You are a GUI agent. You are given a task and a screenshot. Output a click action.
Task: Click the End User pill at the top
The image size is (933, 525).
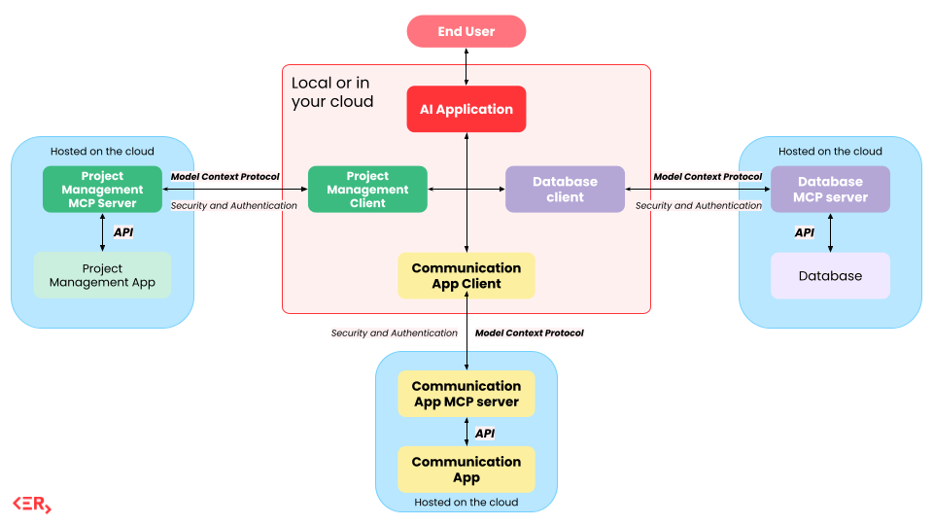point(466,31)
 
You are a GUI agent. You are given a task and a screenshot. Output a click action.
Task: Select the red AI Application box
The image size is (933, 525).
point(466,109)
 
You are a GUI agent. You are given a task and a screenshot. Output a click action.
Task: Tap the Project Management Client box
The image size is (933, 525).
point(367,189)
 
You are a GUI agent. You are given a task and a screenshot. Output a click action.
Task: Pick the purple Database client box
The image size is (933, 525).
point(565,189)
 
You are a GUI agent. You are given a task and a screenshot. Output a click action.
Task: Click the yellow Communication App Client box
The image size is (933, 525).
point(466,275)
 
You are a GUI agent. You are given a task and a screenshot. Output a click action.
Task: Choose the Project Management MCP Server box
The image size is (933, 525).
point(102,189)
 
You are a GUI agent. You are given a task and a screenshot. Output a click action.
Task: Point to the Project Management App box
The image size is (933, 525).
point(102,275)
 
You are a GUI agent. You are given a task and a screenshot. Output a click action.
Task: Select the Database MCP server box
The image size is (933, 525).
point(830,189)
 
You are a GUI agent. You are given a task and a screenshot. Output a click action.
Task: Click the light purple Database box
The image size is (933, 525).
point(830,275)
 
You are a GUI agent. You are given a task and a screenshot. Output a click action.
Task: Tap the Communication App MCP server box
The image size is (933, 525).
point(466,394)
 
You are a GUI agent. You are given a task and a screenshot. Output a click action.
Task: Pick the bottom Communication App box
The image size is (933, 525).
point(466,469)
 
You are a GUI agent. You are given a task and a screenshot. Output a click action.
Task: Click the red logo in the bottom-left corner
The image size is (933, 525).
point(32,504)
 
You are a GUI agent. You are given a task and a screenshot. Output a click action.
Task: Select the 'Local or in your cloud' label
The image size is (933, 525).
point(332,91)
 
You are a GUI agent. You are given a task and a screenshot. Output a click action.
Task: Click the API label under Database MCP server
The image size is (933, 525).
point(805,232)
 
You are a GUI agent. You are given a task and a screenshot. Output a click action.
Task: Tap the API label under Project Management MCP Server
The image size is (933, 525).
point(123,232)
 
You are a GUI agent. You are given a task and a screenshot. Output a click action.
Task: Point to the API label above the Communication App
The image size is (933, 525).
point(485,433)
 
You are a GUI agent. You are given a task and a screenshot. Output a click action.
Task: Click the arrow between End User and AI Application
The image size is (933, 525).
point(466,66)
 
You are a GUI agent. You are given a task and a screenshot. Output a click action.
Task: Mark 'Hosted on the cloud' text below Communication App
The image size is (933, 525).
point(466,503)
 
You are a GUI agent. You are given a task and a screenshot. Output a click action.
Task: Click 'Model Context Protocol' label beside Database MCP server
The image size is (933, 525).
point(708,177)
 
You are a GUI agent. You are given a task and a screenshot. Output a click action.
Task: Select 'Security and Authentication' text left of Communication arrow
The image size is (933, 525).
point(394,332)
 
